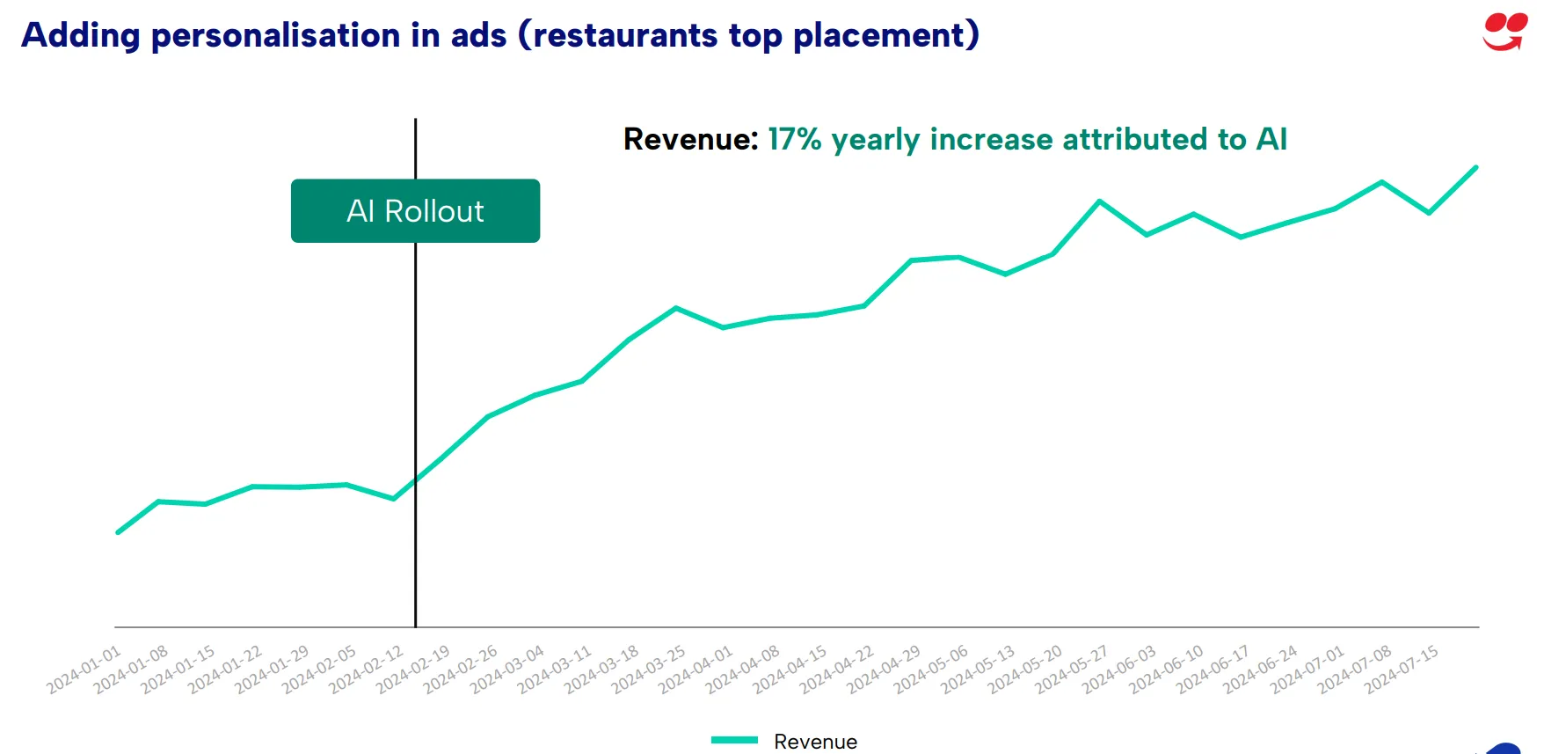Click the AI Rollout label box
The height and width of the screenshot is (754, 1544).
pos(415,211)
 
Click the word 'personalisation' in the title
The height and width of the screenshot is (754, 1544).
pos(275,36)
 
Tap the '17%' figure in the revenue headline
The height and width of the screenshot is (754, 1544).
pos(794,139)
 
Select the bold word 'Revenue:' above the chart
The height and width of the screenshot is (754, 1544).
pos(690,139)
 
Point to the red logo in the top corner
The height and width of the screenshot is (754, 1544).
pos(1504,32)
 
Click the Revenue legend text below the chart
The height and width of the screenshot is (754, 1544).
pos(815,742)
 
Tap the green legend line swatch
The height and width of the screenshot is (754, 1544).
pos(734,741)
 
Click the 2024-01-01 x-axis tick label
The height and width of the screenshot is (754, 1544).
pos(84,670)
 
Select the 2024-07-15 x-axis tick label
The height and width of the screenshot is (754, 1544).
pos(1402,670)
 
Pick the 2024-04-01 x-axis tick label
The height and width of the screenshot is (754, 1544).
pos(696,670)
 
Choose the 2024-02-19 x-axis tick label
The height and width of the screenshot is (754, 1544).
pos(413,670)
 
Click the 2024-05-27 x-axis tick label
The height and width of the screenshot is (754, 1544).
pos(1072,670)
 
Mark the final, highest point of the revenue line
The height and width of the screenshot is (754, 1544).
pos(1475,167)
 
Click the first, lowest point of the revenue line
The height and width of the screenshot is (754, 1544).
pos(118,532)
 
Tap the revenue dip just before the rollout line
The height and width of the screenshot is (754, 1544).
pos(393,499)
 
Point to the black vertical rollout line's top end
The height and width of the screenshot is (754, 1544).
pos(415,121)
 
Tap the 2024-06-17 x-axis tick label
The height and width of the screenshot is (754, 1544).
pos(1213,670)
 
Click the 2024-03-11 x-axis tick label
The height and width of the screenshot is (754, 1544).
pos(554,670)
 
